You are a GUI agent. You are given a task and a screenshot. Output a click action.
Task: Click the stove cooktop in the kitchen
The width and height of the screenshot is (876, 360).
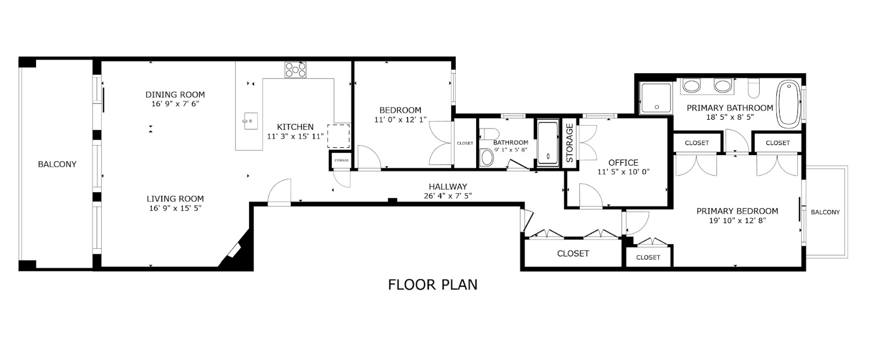point(296,70)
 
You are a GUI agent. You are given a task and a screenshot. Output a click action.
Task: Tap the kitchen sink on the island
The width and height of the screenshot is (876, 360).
point(250,120)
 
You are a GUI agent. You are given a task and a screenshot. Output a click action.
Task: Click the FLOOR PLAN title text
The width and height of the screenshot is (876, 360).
point(432,285)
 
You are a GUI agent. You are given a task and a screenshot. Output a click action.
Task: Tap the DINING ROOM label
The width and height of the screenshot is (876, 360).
point(175,95)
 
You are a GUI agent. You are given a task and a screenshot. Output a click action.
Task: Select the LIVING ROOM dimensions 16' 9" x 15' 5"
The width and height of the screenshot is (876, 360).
point(175,209)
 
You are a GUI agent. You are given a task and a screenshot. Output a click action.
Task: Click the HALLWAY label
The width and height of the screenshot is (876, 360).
point(447,187)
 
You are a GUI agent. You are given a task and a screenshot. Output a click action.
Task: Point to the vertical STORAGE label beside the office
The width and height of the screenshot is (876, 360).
point(569,143)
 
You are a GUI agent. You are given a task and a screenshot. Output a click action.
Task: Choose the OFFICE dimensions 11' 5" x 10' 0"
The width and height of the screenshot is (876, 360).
point(623,172)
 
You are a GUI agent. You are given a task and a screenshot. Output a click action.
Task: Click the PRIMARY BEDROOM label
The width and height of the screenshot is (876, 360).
point(736,211)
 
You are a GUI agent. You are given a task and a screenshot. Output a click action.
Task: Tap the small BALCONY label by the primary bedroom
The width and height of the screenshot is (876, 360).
point(825,212)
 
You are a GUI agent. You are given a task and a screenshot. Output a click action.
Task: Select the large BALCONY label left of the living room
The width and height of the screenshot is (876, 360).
point(57,164)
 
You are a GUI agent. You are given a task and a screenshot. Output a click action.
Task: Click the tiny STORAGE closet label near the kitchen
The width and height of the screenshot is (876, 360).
point(341,161)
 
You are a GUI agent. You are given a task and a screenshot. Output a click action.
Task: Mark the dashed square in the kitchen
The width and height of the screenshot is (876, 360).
point(339,136)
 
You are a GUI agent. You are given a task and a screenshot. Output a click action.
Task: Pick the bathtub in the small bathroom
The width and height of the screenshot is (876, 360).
point(548,143)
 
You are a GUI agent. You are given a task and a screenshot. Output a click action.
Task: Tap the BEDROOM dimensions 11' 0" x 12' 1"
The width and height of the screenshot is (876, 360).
point(400,120)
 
